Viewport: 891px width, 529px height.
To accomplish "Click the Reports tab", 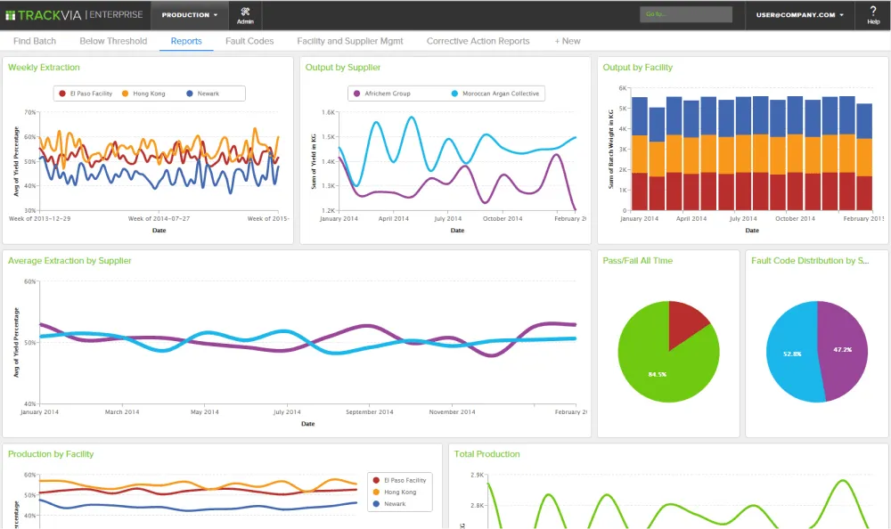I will [x=186, y=41].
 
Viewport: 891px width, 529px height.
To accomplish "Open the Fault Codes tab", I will [x=249, y=41].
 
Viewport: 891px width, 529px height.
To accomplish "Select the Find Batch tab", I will [x=35, y=41].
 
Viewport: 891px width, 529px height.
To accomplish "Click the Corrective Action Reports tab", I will [x=478, y=41].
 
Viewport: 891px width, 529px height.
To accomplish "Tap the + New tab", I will [x=567, y=41].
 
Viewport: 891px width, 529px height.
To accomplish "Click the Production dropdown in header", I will [x=190, y=15].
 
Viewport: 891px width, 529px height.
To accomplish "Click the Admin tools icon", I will [x=245, y=15].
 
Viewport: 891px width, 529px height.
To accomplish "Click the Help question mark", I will [x=873, y=15].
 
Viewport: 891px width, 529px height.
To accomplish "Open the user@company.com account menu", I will [x=800, y=15].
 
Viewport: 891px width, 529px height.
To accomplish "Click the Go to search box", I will [x=686, y=14].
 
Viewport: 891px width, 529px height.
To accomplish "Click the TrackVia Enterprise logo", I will [x=74, y=14].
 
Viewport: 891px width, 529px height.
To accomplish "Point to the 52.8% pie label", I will [x=791, y=354].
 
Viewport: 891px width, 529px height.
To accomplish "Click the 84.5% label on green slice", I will [x=658, y=374].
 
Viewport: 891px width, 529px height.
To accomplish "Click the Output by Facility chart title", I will [x=637, y=68].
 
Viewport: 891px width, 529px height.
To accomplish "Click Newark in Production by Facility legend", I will [x=394, y=504].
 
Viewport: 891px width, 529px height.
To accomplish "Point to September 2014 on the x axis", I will [x=369, y=412].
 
